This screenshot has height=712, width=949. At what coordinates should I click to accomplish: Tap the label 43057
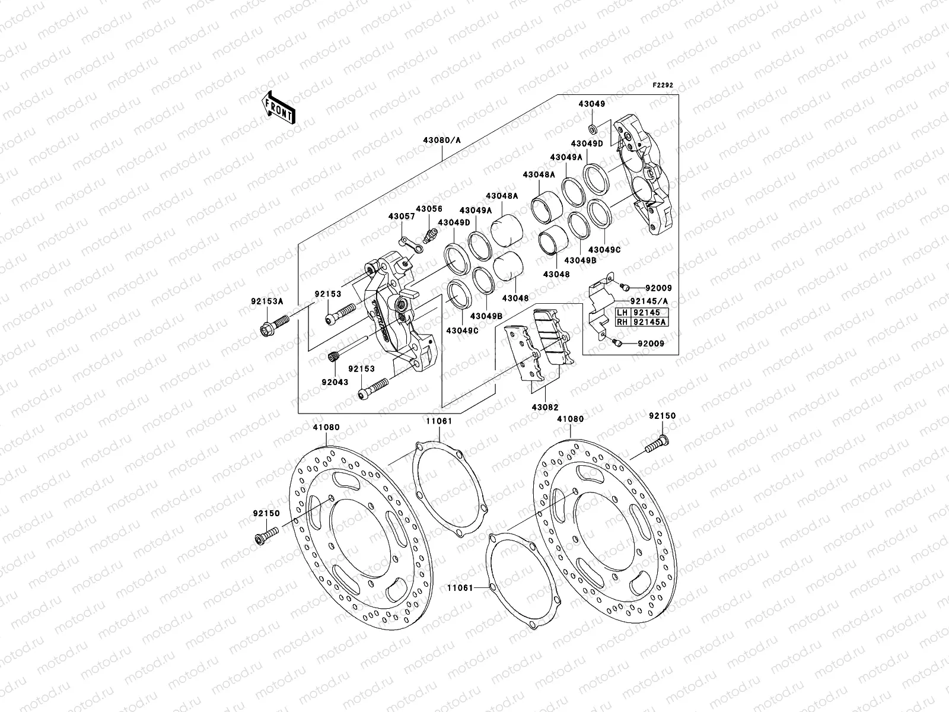point(402,217)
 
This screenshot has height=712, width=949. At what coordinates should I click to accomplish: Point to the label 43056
point(429,209)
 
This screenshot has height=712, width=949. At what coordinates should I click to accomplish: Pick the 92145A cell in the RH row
point(649,322)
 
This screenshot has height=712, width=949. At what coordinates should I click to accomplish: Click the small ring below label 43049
point(593,129)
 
